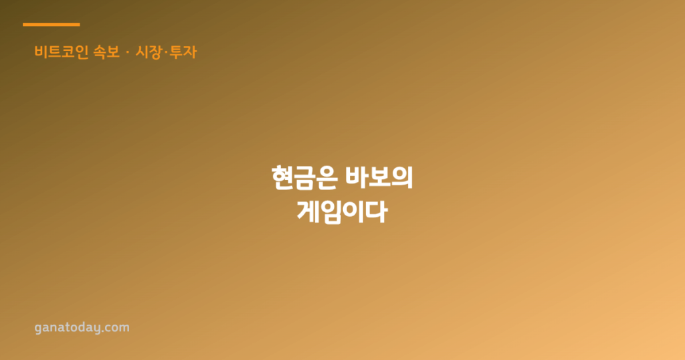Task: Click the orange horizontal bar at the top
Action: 51,25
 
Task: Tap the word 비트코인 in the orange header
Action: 62,52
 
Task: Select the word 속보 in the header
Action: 106,52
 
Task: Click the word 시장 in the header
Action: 149,52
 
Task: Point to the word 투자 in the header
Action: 183,52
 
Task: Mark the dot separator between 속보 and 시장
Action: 128,52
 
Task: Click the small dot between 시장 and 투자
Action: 166,52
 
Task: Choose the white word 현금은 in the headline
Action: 304,178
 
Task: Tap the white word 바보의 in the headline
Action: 379,177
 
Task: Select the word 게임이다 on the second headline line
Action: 342,212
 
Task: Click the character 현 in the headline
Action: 282,178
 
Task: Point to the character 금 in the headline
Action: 304,178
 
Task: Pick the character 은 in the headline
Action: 327,178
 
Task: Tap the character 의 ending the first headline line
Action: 402,177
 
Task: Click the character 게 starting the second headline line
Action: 308,212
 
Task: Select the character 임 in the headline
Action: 330,213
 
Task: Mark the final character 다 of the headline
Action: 377,212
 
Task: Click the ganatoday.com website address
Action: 82,328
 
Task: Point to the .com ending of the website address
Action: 115,328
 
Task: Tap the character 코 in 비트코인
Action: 68,52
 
